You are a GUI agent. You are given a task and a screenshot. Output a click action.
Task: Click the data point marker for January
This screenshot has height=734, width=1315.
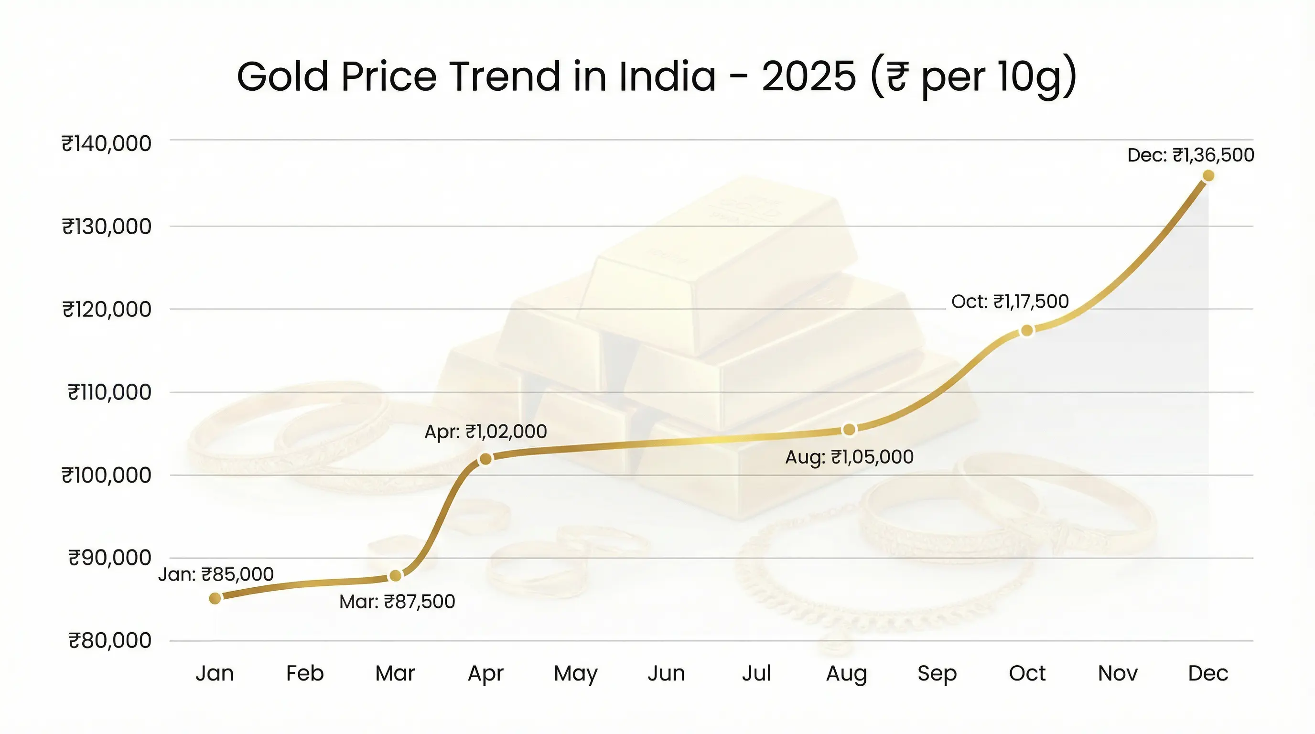coord(215,598)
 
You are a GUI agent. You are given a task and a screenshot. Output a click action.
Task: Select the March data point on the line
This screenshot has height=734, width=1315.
coord(395,576)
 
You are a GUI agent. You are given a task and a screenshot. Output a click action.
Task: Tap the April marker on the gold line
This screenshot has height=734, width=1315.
coord(485,459)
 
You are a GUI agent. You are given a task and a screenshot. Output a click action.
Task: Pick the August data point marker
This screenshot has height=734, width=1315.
coord(849,430)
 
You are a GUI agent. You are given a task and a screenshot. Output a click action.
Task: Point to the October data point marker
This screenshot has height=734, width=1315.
coord(1027,331)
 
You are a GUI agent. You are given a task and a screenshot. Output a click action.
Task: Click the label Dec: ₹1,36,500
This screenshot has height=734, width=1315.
coord(1190,155)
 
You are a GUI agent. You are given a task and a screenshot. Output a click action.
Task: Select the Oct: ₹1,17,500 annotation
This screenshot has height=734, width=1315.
coord(1010,302)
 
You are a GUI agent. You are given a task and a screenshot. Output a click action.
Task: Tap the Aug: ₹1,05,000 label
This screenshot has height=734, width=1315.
coord(849,457)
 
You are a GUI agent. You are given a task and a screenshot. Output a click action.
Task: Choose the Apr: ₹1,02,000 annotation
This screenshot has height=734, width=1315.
coord(485,432)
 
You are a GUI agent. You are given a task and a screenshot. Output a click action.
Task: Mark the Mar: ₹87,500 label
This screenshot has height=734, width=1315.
coord(397,602)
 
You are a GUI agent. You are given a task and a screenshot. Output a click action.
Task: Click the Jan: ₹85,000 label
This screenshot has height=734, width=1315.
coord(216,575)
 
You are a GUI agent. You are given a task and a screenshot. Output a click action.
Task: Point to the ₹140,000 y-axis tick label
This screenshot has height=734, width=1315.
coord(107,143)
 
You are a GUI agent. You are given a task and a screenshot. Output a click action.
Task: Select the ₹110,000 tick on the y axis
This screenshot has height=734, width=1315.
coord(110,392)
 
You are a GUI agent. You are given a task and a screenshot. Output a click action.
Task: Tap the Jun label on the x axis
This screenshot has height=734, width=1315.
coord(666,673)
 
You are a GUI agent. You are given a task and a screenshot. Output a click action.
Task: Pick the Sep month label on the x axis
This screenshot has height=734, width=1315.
coord(937,673)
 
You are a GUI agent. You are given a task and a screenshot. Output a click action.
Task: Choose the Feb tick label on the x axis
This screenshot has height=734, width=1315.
coord(305,673)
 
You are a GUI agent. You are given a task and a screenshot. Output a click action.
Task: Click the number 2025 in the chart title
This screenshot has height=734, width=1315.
coord(808,76)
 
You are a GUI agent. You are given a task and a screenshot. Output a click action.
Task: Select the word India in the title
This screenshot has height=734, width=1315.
coord(667,76)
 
